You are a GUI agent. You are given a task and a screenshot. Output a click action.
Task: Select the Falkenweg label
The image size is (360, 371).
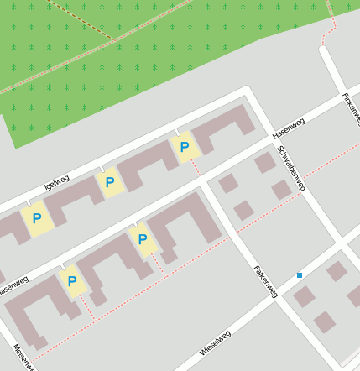(x=265, y=280)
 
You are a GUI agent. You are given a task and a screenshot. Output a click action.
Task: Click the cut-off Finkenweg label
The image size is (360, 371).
(x=351, y=109)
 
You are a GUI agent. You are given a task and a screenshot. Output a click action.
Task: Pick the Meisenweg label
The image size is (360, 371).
(x=24, y=356)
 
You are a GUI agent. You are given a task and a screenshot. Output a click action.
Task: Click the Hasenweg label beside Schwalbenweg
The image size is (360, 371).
(x=290, y=128)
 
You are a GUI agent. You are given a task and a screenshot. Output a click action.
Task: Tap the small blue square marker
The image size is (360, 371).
(x=300, y=275)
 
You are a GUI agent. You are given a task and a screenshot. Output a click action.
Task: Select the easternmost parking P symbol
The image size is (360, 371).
(x=185, y=149)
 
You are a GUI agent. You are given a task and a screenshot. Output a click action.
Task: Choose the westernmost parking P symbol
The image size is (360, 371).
(x=36, y=220)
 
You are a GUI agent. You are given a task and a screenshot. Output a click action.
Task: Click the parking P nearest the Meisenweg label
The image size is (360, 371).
(x=72, y=282)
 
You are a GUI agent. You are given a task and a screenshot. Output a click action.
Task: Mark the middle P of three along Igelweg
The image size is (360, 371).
(x=109, y=182)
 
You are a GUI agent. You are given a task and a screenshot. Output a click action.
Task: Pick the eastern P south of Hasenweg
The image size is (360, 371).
(x=142, y=240)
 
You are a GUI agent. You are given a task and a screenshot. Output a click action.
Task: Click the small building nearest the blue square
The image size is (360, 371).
(x=305, y=295)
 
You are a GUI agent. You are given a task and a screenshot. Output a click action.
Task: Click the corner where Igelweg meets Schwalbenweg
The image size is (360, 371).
(x=249, y=91)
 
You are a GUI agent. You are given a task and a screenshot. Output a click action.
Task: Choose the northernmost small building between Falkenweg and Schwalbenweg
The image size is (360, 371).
(x=265, y=162)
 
